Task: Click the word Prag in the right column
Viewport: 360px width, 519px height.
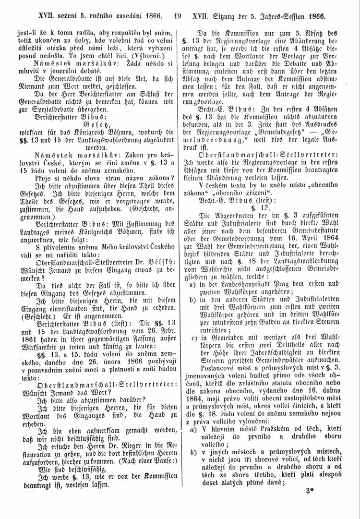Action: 276,283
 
